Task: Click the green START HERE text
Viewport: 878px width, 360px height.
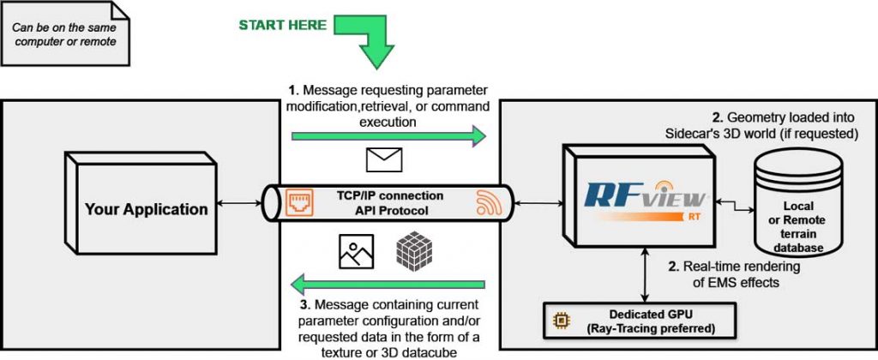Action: [282, 25]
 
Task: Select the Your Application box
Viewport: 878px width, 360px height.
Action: [145, 208]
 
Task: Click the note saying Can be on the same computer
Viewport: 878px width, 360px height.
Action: [66, 33]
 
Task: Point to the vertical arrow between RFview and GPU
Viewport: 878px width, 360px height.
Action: [641, 273]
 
